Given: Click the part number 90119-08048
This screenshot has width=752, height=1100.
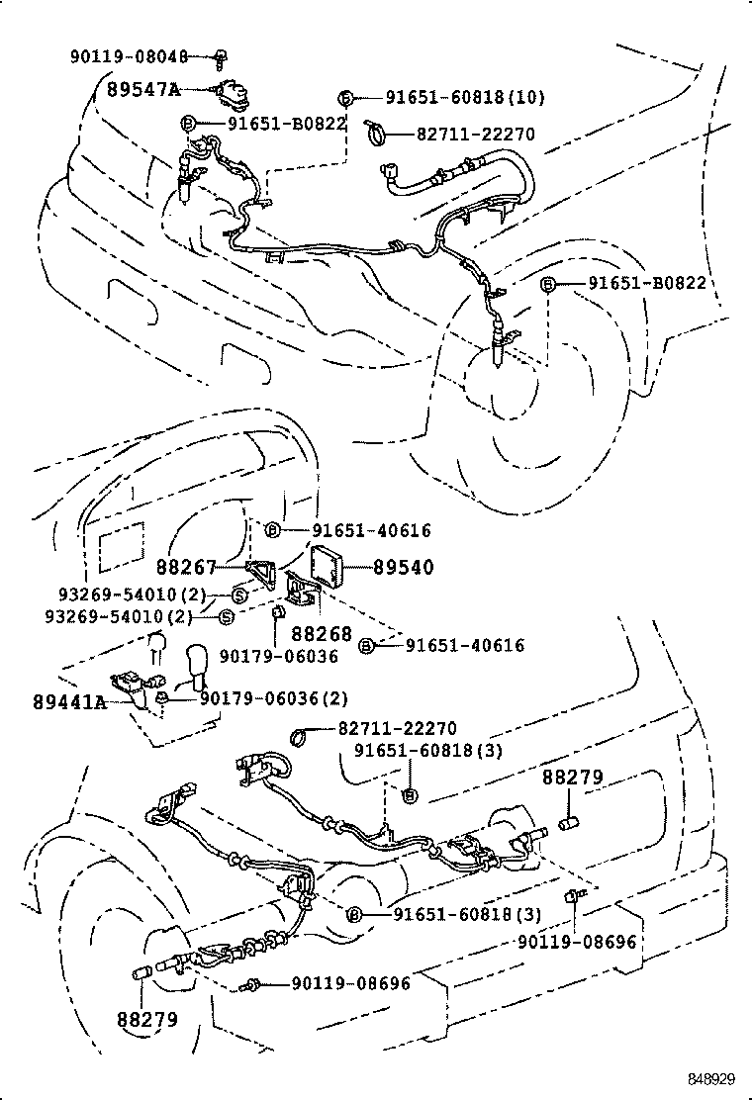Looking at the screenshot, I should (x=140, y=56).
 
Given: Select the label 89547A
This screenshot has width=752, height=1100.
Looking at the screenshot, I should (x=142, y=89).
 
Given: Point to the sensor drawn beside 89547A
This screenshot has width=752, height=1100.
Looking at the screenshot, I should (x=233, y=93).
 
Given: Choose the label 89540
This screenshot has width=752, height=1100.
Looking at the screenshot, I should (x=403, y=568).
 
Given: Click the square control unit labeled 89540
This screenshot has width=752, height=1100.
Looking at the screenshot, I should (x=333, y=564).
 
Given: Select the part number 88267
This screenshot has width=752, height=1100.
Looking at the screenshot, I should (x=185, y=568).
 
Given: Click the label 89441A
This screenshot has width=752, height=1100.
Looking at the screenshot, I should (x=68, y=701).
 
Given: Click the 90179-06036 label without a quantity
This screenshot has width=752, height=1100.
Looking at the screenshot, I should (x=279, y=655).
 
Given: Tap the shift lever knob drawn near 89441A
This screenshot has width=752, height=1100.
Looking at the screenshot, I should (x=195, y=662).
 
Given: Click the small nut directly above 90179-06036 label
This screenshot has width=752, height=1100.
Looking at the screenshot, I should (x=277, y=619).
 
